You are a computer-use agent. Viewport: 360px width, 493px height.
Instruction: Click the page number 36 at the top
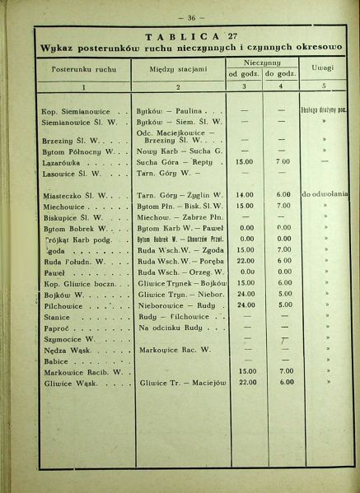180,16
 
